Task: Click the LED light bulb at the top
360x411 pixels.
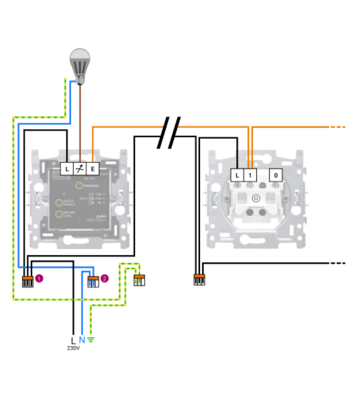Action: pos(81,62)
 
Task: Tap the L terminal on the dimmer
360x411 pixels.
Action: pos(67,169)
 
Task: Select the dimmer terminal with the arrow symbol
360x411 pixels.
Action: pos(80,169)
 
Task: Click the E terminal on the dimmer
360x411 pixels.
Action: pos(93,169)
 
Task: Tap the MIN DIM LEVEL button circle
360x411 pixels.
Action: pos(60,214)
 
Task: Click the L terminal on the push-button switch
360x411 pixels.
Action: pos(237,175)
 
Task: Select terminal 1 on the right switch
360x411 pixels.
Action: pos(251,175)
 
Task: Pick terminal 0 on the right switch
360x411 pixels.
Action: pos(276,175)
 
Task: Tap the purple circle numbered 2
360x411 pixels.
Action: pos(104,278)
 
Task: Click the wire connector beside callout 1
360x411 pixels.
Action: pos(27,281)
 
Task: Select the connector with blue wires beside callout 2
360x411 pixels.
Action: pos(92,281)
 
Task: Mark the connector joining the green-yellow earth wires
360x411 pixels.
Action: pos(139,279)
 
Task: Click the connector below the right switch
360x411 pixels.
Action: pos(199,279)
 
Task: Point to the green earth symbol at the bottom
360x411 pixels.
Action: pos(91,340)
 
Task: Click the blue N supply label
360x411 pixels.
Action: pos(82,340)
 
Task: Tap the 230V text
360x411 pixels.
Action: pos(73,348)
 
